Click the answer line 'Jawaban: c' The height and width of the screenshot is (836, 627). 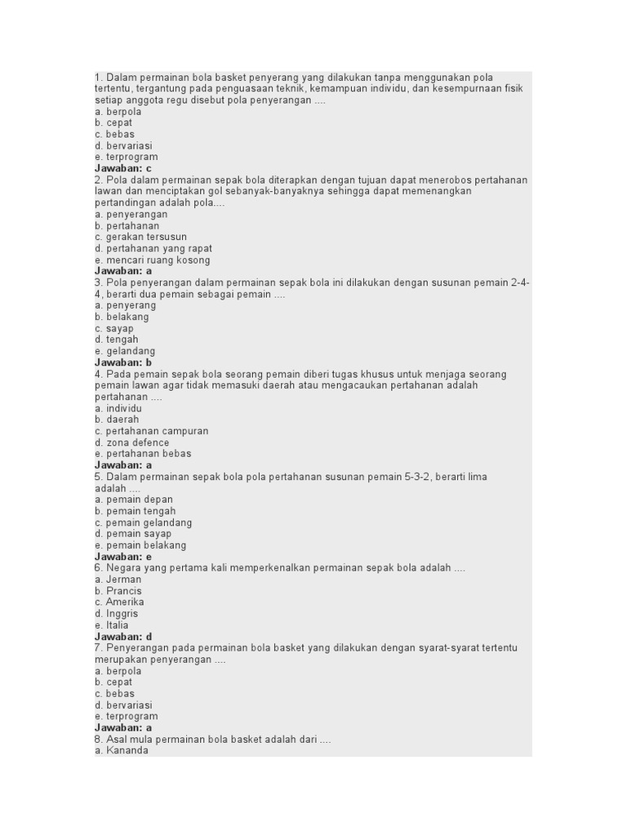[123, 168]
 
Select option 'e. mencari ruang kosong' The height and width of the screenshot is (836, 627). [152, 260]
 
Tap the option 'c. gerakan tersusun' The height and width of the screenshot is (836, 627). [140, 237]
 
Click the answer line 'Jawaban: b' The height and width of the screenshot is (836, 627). [123, 362]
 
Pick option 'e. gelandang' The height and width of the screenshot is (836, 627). [125, 351]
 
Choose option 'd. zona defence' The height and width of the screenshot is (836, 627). [131, 442]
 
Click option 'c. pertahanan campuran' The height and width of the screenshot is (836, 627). [151, 431]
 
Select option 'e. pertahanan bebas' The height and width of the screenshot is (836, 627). [143, 454]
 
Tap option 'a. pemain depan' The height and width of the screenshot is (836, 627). [133, 500]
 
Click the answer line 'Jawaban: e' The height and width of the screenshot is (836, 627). [123, 557]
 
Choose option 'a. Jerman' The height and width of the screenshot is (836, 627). [118, 580]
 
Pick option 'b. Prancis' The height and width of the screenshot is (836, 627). [118, 591]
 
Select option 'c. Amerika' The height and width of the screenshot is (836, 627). [119, 603]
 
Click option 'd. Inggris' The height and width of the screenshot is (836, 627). [116, 614]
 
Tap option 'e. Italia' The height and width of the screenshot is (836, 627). [111, 625]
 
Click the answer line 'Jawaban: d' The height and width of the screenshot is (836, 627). [123, 637]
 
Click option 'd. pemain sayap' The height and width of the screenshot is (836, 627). [133, 534]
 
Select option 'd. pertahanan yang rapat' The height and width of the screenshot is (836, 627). [153, 248]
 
